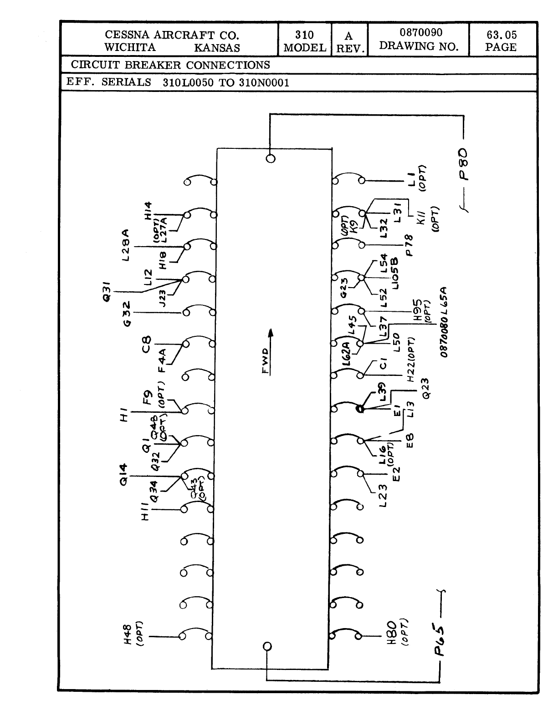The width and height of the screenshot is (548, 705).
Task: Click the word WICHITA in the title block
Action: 130,47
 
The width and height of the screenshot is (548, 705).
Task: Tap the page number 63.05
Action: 502,35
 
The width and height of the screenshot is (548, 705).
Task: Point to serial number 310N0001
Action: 264,83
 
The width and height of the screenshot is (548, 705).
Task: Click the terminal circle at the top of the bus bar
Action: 271,159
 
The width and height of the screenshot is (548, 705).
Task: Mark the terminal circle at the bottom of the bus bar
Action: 268,647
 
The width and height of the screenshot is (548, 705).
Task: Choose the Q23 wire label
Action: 425,390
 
